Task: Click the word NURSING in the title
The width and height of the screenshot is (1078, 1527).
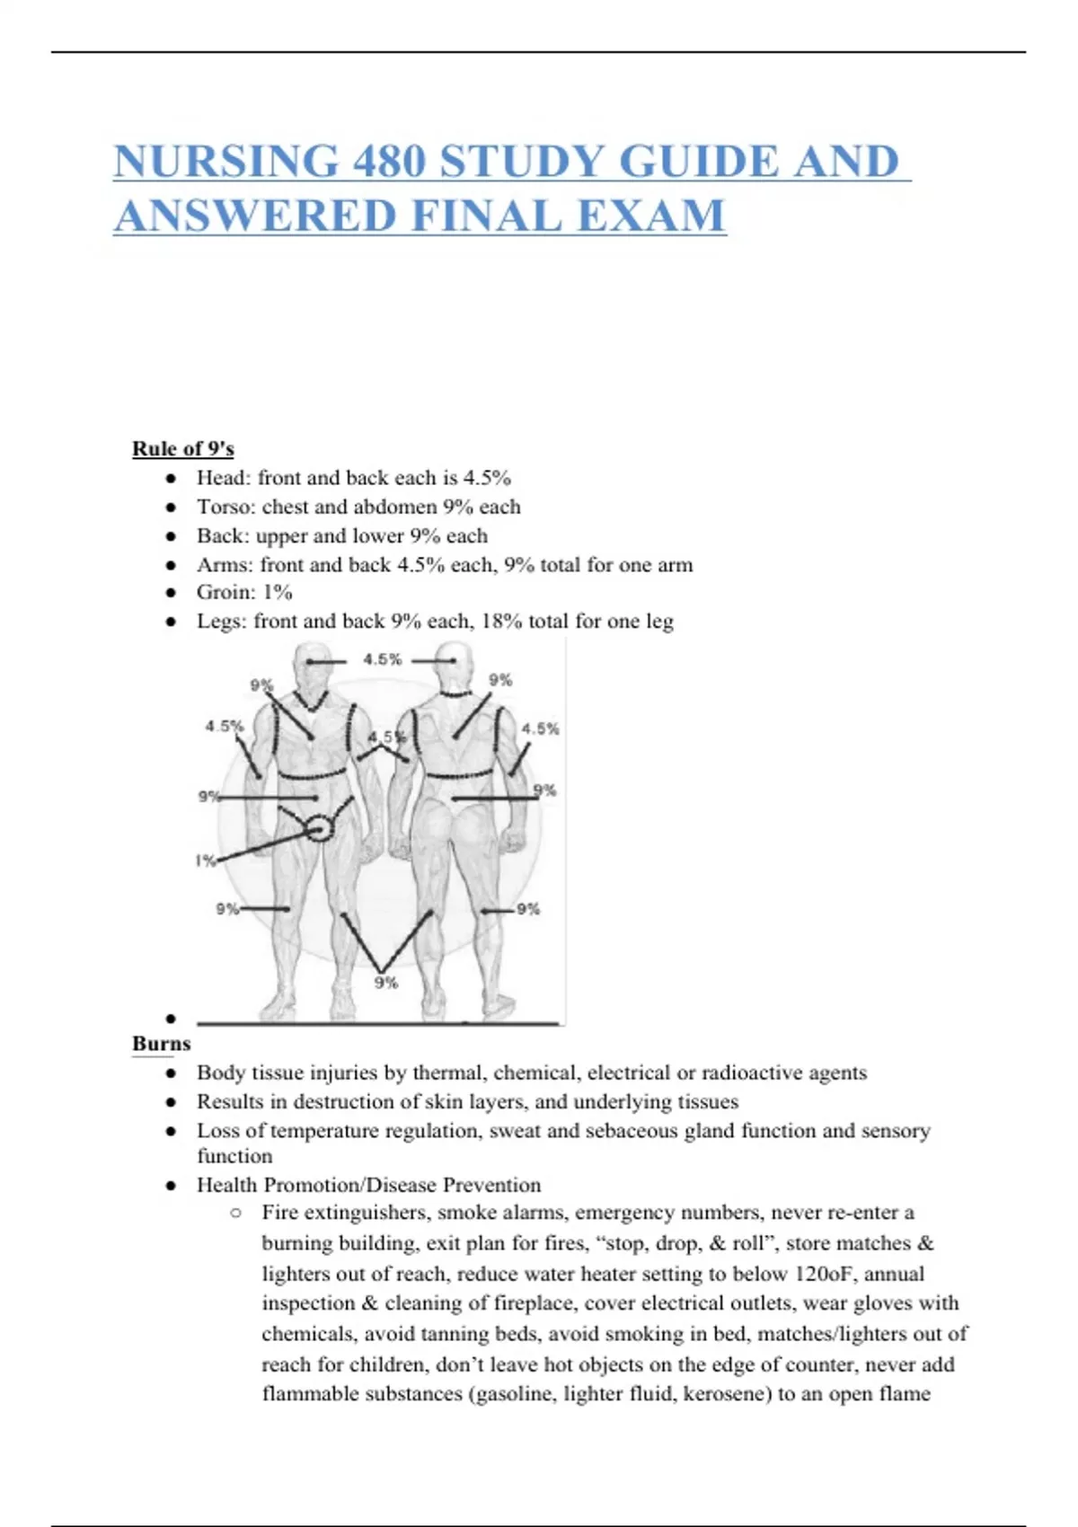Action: pos(225,163)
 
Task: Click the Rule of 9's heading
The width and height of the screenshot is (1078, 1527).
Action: pos(182,448)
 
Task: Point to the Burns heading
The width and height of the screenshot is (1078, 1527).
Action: pos(161,1044)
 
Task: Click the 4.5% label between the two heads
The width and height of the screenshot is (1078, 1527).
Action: pos(382,659)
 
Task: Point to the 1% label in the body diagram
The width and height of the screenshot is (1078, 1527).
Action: pos(206,861)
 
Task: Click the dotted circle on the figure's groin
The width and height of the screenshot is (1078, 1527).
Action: pos(319,828)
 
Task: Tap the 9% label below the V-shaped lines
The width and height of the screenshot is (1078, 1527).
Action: pos(386,983)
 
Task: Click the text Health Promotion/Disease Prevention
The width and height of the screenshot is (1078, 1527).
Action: pos(368,1185)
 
